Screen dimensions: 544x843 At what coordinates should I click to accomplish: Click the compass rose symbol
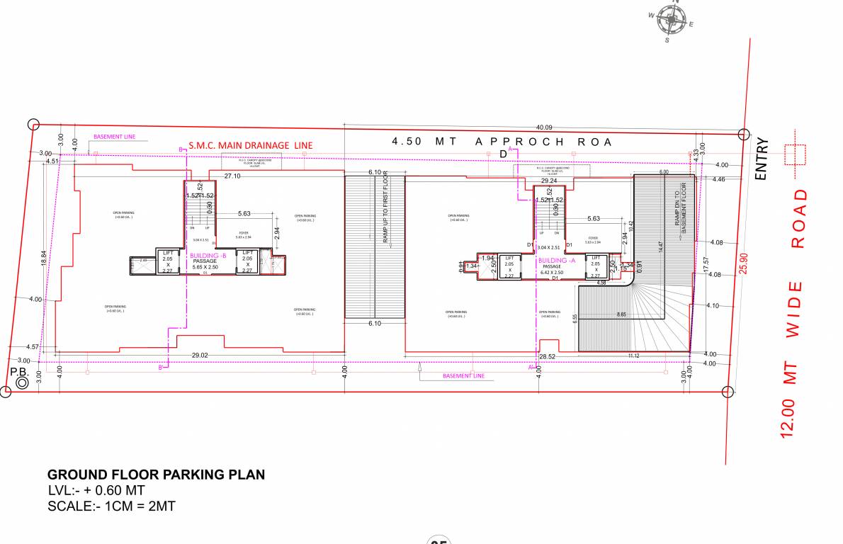click(670, 20)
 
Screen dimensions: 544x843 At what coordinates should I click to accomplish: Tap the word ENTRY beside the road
click(762, 159)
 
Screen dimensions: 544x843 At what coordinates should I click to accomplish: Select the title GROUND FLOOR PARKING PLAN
click(156, 475)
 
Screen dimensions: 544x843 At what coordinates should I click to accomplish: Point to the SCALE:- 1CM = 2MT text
click(111, 506)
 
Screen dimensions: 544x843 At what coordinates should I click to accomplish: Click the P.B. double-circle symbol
click(22, 382)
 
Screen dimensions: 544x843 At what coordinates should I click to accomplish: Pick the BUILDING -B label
click(208, 255)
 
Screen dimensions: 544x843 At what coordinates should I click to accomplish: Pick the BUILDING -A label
click(558, 260)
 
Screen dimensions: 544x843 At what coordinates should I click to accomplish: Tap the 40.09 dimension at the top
click(544, 127)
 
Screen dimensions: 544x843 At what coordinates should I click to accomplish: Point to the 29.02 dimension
click(200, 355)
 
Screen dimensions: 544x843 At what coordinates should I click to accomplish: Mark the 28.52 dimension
click(547, 356)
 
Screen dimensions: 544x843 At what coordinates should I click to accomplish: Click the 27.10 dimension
click(232, 175)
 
